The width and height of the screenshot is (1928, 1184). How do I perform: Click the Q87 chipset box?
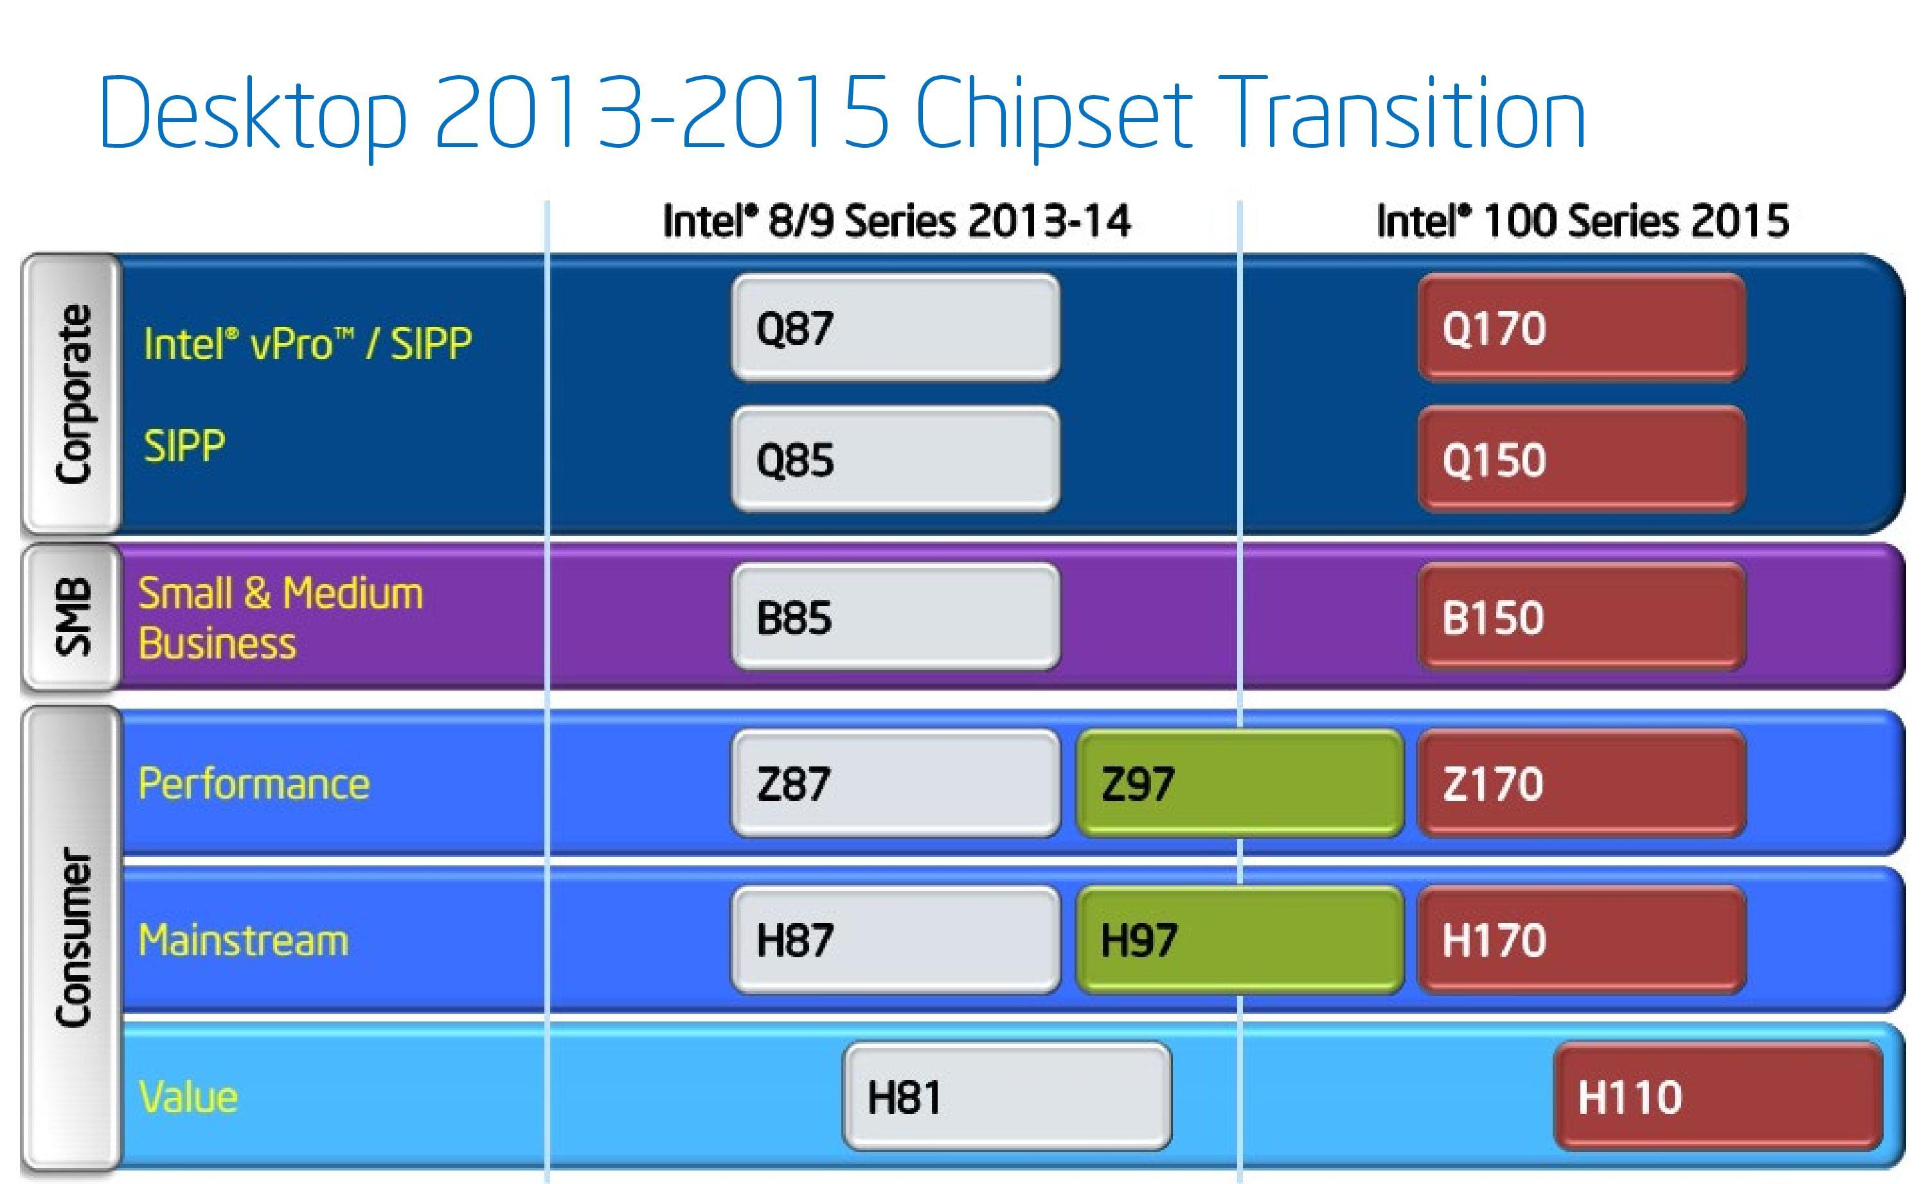(895, 328)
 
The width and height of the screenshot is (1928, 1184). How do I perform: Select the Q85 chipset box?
(895, 459)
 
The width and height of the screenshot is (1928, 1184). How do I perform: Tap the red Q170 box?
(1581, 328)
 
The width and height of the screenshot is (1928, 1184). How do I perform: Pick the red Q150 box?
(1581, 459)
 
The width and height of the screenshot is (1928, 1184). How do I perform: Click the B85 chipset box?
(895, 617)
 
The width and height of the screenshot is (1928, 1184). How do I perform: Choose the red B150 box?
(1581, 617)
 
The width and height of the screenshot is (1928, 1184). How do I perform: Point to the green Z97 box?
(1240, 783)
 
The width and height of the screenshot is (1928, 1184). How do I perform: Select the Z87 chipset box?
(895, 783)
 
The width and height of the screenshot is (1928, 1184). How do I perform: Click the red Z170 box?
(1581, 783)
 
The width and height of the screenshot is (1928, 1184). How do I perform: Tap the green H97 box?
(1240, 940)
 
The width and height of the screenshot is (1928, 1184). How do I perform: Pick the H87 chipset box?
(895, 940)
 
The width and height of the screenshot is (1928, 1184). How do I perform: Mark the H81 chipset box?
(1006, 1095)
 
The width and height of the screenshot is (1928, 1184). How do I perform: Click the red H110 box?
(1717, 1095)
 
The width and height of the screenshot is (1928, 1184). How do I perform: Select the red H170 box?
(1581, 940)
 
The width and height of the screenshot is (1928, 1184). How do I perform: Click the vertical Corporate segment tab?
(73, 394)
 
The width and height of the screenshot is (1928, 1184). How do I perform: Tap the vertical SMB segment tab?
(73, 617)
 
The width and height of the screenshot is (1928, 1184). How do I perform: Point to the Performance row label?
(254, 783)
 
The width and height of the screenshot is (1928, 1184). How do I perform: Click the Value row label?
(188, 1096)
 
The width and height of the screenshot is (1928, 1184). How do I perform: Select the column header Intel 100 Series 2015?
(1582, 221)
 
